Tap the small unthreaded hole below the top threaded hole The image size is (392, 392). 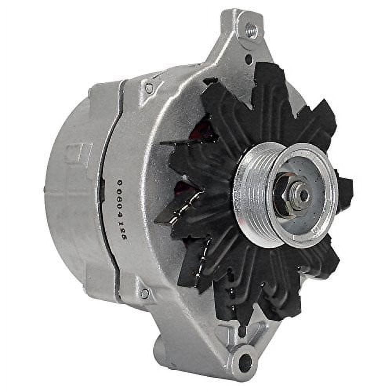pos(249,60)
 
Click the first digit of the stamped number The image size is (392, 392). pos(120,183)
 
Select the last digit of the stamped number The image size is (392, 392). pos(122,238)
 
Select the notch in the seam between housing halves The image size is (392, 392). pos(103,184)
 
